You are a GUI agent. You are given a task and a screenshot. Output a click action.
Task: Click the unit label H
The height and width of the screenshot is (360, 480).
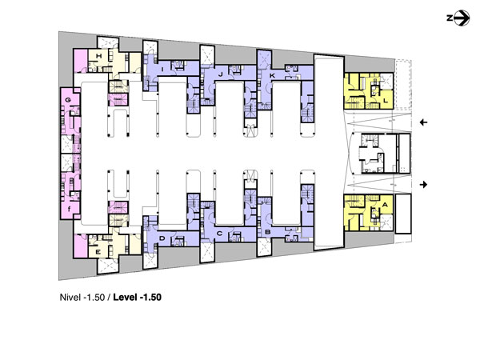98,56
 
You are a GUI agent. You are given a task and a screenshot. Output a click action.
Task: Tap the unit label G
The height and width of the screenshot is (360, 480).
68,100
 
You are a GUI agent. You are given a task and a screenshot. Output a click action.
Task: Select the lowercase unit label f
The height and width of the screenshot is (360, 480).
70,209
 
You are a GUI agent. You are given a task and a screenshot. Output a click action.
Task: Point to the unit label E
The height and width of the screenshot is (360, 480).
98,252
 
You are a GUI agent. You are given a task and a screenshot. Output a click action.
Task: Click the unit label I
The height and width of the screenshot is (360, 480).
162,70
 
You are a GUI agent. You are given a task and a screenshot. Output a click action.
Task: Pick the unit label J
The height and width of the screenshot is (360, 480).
221,74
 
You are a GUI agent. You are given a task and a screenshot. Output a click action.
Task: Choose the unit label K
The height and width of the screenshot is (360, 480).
272,75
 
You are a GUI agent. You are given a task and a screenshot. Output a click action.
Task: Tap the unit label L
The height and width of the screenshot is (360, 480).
386,100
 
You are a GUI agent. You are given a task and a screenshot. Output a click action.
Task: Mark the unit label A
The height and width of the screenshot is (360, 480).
385,205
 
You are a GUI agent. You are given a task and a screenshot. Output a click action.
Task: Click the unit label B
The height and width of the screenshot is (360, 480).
267,232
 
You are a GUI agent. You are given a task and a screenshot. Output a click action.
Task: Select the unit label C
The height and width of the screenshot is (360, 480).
219,234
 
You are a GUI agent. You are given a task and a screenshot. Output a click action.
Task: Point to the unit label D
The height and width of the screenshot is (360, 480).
162,238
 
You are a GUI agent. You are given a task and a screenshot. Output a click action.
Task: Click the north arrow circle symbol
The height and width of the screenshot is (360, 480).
462,18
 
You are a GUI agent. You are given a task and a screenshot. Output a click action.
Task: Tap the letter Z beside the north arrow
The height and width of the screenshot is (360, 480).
450,18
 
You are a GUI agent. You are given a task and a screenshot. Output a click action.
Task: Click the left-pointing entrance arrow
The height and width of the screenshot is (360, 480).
423,122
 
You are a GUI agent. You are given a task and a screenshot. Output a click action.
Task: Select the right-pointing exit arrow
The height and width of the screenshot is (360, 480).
423,185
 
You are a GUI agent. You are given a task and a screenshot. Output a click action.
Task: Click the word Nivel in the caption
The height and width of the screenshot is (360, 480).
70,298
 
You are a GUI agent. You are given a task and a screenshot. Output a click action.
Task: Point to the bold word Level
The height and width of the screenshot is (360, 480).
126,298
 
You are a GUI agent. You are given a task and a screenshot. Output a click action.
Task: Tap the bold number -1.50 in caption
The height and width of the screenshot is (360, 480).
150,298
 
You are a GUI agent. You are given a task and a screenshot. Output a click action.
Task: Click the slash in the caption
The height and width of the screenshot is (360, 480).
109,298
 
